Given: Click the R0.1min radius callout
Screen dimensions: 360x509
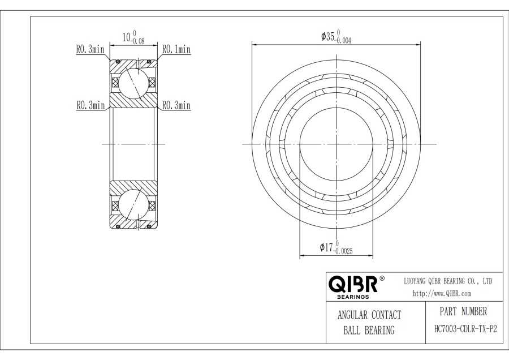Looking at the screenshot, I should [176, 50].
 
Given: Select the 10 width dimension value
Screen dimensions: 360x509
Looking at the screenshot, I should [128, 37].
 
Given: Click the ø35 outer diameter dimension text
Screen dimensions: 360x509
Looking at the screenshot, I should [327, 37].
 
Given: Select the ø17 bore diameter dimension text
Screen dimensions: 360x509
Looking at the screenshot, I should [326, 247].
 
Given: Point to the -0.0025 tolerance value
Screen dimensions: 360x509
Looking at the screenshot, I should [344, 251].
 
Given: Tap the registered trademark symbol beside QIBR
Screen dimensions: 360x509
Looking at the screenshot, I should [382, 278].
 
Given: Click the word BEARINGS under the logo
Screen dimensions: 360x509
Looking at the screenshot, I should [353, 297].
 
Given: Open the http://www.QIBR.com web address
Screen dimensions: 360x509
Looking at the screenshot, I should [442, 293].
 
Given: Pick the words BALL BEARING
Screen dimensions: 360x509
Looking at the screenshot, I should [369, 331].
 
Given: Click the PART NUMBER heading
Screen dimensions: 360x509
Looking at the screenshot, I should [462, 311].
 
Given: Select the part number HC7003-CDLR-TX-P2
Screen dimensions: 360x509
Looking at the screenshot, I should [462, 329].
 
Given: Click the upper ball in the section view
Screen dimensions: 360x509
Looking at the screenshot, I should [133, 82].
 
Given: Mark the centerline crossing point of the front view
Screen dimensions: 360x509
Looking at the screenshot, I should [336, 144].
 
